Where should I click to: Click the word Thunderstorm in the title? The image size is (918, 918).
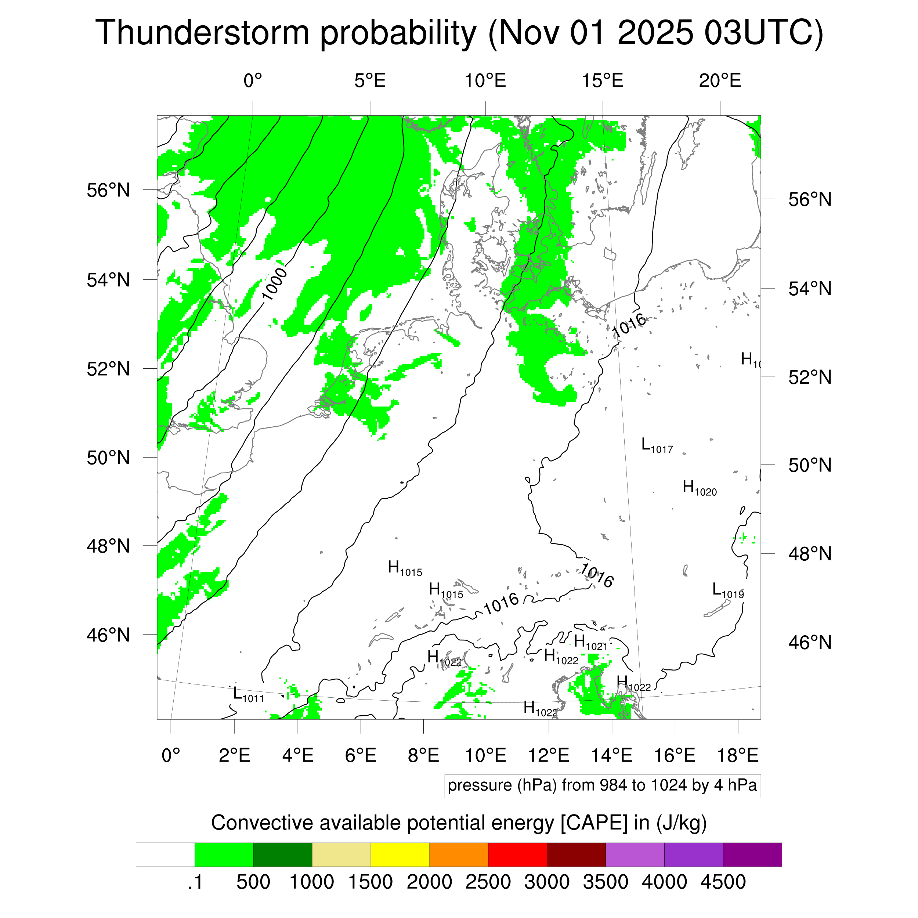202,33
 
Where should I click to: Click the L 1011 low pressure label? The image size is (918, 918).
248,695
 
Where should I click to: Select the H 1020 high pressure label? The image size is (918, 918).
699,488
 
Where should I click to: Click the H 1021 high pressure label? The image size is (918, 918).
590,642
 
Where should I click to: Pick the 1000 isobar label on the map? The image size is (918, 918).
275,284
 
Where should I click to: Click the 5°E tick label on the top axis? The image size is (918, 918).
370,81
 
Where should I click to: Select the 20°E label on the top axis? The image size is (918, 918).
719,81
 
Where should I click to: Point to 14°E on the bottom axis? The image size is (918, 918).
611,755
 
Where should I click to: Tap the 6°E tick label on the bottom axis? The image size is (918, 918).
361,755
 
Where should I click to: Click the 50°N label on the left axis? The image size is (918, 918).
108,458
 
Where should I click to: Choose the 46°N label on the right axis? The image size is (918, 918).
810,642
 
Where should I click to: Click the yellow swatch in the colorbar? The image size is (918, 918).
400,855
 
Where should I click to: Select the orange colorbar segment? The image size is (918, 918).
459,855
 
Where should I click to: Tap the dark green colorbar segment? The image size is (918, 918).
283,855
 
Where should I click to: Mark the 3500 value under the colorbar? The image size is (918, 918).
606,882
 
